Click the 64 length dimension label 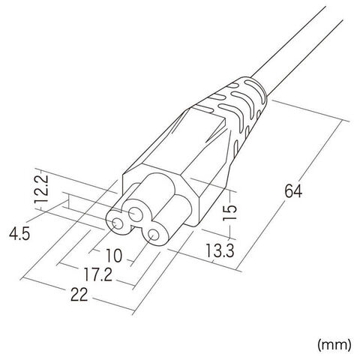pyautogui.click(x=293, y=191)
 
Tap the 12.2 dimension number pyautogui.click(x=40, y=189)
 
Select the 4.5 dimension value pyautogui.click(x=19, y=234)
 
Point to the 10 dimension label pyautogui.click(x=114, y=256)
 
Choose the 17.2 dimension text pyautogui.click(x=97, y=274)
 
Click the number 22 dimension pyautogui.click(x=79, y=294)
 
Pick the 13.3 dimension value pyautogui.click(x=220, y=250)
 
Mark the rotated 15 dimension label pyautogui.click(x=229, y=212)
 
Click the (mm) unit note pyautogui.click(x=334, y=345)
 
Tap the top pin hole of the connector pyautogui.click(x=136, y=214)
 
